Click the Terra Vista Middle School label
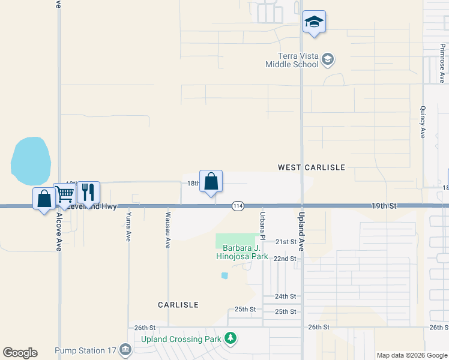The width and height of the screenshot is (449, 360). click(x=293, y=60)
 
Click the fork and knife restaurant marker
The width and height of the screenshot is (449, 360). click(x=88, y=192)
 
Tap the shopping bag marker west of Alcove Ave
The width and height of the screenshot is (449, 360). click(x=44, y=199)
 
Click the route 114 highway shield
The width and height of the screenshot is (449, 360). click(x=238, y=206)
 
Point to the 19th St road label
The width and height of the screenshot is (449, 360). click(x=384, y=206)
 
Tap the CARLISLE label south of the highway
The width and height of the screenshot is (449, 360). click(x=178, y=305)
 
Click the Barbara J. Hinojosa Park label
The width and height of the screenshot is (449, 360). click(x=242, y=252)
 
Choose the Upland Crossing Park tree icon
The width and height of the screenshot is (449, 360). click(x=230, y=338)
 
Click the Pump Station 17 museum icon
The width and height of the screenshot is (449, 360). click(x=125, y=349)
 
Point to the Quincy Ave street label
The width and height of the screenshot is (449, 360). click(x=423, y=122)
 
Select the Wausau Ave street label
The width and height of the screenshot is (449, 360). click(x=168, y=229)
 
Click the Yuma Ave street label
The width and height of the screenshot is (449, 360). click(x=128, y=226)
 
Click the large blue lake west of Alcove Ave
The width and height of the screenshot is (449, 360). click(x=30, y=161)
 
